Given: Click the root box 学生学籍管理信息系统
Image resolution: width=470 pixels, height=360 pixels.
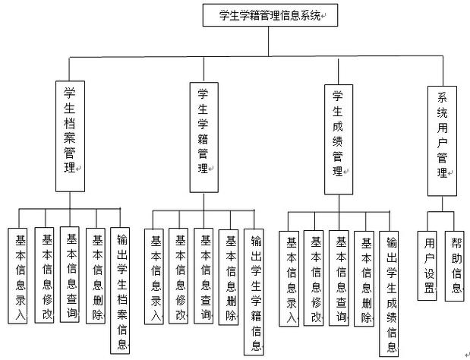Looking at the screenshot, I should [270, 14].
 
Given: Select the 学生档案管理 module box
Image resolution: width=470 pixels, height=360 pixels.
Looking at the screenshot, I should [71, 134].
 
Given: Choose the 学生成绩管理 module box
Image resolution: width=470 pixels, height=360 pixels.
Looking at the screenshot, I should [339, 135].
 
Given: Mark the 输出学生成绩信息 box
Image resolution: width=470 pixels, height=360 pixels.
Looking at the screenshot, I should [391, 293].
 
